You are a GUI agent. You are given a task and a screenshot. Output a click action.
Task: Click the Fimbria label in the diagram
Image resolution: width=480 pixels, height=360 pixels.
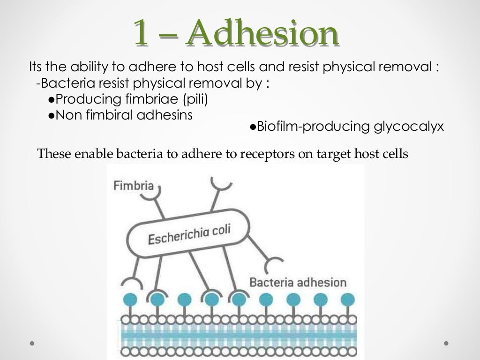pyautogui.click(x=134, y=186)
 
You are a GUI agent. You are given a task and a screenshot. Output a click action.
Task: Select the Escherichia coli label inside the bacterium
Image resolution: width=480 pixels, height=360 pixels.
pyautogui.click(x=189, y=233)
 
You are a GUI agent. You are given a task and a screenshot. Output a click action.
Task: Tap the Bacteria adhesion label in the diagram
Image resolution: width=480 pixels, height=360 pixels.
pyautogui.click(x=298, y=282)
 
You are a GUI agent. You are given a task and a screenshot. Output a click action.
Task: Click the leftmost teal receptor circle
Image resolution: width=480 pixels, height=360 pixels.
pyautogui.click(x=130, y=299)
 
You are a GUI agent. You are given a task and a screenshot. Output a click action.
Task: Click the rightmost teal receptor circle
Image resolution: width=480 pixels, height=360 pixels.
pyautogui.click(x=347, y=299)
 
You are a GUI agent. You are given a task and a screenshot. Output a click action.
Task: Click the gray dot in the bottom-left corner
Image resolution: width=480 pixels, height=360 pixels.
pyautogui.click(x=32, y=343)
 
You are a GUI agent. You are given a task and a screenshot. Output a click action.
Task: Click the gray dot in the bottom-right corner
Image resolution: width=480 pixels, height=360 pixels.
pyautogui.click(x=446, y=343)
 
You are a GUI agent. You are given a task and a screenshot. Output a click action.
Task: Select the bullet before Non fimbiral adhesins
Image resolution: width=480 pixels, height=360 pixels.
pyautogui.click(x=51, y=115)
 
